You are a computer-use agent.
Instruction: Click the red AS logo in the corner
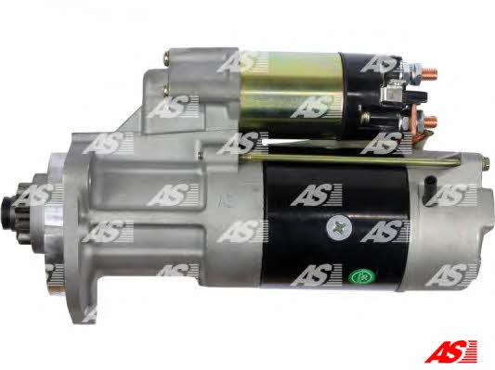coord(450,351)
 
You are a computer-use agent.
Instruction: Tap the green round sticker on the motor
coord(362,276)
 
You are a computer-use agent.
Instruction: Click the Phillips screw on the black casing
coord(339,227)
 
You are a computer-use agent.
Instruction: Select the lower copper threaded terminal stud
coord(430,121)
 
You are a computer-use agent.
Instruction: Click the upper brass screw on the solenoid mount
coord(166,57)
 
